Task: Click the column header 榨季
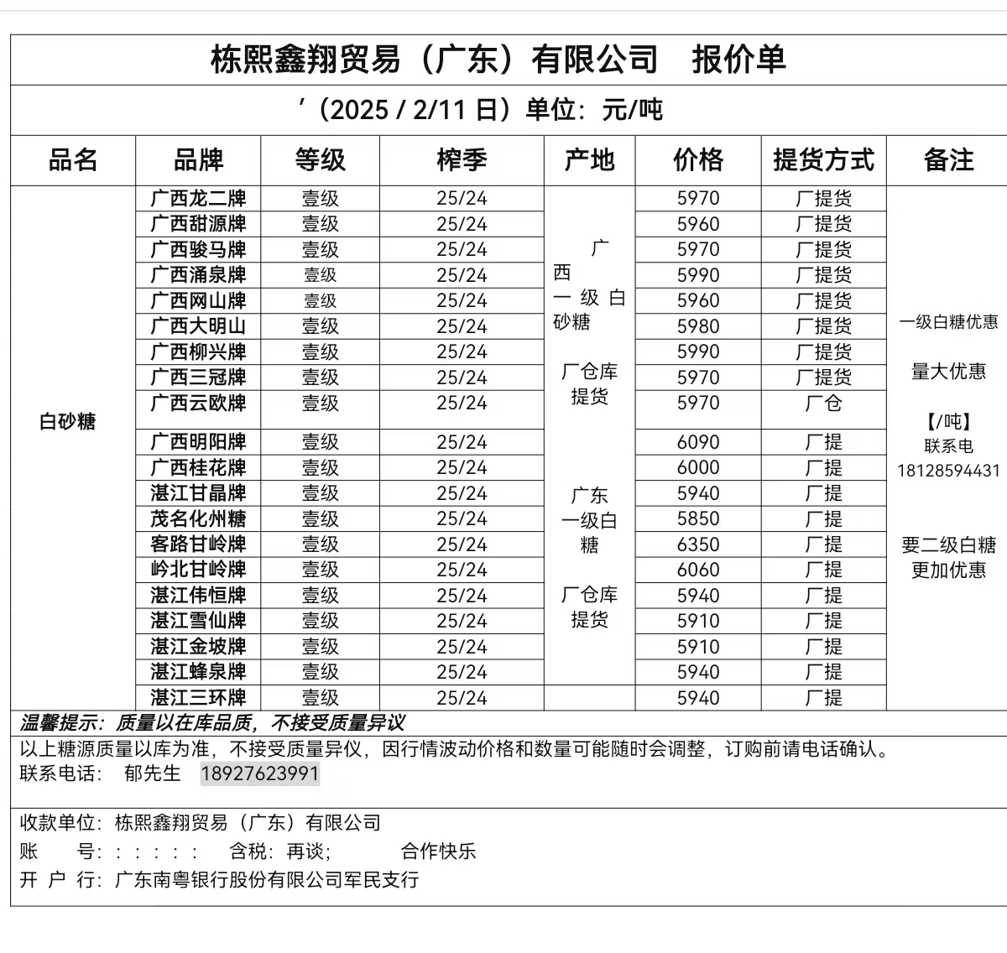[462, 159]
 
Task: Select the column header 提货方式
[823, 159]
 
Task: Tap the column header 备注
[948, 159]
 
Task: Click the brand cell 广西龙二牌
[198, 199]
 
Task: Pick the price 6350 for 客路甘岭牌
[698, 544]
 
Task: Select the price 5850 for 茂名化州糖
[698, 518]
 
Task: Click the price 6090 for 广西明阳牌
[698, 442]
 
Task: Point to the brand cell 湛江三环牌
[198, 697]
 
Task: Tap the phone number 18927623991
[260, 773]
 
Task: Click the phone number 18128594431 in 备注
[948, 471]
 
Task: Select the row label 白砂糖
[68, 421]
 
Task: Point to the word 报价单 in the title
[738, 60]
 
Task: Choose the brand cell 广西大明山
[198, 326]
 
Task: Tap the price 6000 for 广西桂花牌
[698, 467]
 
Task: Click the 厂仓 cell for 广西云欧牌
[823, 404]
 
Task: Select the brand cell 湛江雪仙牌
[198, 621]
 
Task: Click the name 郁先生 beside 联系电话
[152, 773]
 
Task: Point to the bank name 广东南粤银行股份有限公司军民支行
[267, 880]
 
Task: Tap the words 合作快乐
[438, 851]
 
